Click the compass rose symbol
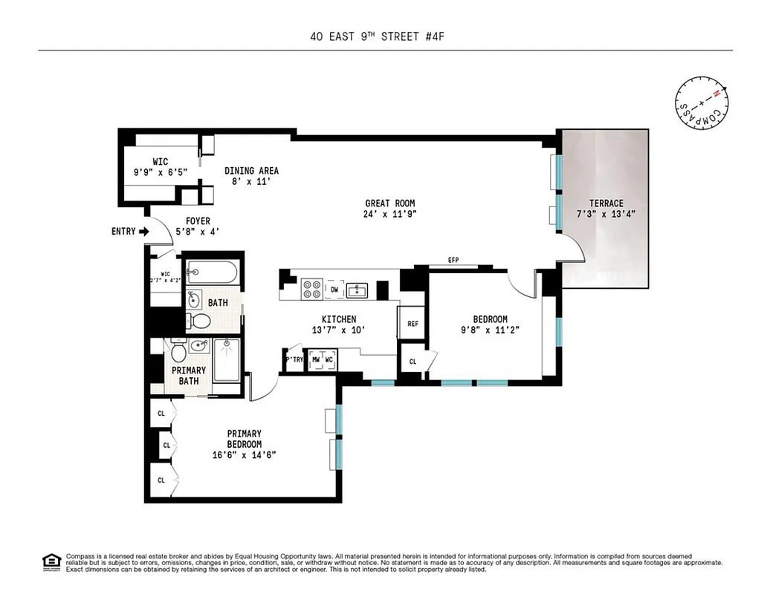[x=702, y=105]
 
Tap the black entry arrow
[x=144, y=232]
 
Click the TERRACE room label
[x=606, y=203]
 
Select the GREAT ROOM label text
[x=389, y=203]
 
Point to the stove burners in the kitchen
[x=311, y=289]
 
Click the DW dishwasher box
[x=334, y=289]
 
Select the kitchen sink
[x=358, y=289]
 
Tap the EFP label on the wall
[x=453, y=261]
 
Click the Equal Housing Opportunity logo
[x=51, y=561]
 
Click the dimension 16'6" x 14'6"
[x=244, y=455]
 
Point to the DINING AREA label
[x=251, y=171]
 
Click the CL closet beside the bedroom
[x=413, y=362]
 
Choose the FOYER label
[x=193, y=221]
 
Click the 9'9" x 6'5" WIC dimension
[x=160, y=172]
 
